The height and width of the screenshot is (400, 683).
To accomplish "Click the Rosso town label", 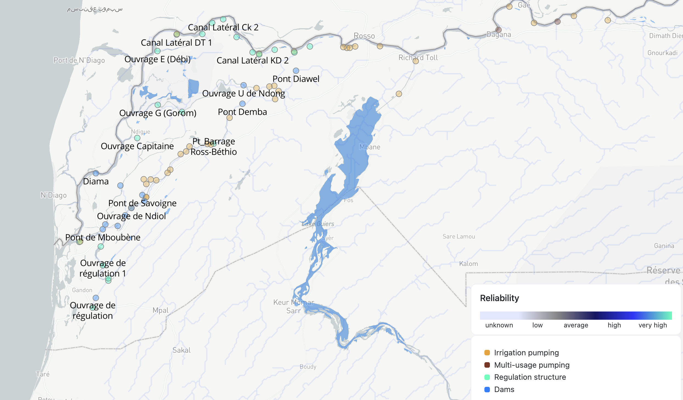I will (364, 36).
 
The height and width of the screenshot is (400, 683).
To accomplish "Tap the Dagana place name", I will (499, 35).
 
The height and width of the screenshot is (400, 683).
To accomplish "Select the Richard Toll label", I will (418, 58).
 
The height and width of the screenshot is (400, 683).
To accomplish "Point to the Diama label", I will (96, 181).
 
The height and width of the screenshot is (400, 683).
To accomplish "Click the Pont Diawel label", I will (296, 79).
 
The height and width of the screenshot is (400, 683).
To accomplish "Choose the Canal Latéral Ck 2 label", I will (223, 27).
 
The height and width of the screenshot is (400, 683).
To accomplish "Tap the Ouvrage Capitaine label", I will (137, 146).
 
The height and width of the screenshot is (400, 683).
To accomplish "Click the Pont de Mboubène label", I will (103, 237).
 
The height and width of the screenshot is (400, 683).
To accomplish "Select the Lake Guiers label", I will (318, 224).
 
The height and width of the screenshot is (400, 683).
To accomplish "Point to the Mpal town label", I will (160, 310).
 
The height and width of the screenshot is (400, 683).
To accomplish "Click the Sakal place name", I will (181, 350).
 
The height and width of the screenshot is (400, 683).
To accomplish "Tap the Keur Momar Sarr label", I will (293, 306).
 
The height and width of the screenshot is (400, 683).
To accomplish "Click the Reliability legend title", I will (499, 298).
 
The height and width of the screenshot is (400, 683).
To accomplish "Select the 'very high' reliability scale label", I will (653, 325).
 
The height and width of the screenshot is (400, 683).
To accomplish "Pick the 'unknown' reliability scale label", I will (499, 325).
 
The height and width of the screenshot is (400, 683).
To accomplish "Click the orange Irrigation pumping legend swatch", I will (487, 353).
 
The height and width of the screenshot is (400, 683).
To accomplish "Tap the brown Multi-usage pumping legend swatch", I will (487, 365).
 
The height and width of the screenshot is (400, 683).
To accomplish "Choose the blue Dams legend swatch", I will (487, 389).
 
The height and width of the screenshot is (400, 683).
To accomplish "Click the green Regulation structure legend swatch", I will (487, 377).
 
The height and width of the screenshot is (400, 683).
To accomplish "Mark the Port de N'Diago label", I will (79, 60).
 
